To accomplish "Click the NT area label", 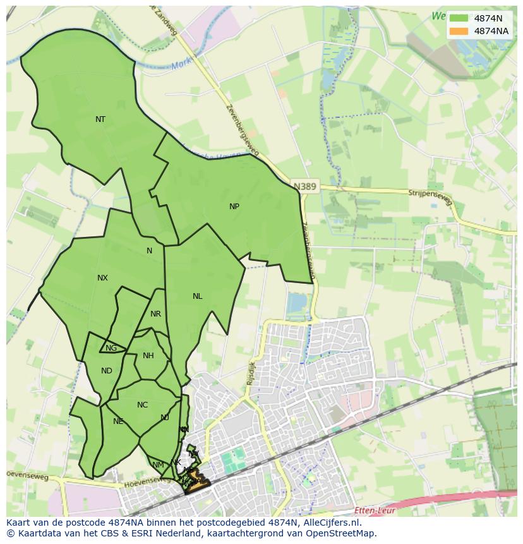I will point(100,119).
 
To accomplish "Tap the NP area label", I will point(234,207).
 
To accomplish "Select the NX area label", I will point(102,278).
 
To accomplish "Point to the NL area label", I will point(198,296).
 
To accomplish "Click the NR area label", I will point(156,314).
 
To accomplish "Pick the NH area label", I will point(148,356).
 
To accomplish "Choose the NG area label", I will point(111,348).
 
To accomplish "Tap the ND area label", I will point(107,371).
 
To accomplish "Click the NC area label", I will point(142,405).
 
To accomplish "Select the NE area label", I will point(118,421).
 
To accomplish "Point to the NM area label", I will point(158,465).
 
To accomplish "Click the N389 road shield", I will point(306,186).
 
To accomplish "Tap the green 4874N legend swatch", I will point(459,18).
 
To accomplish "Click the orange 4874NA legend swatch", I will point(459,31).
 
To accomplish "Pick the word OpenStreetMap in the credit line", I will point(344,533).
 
